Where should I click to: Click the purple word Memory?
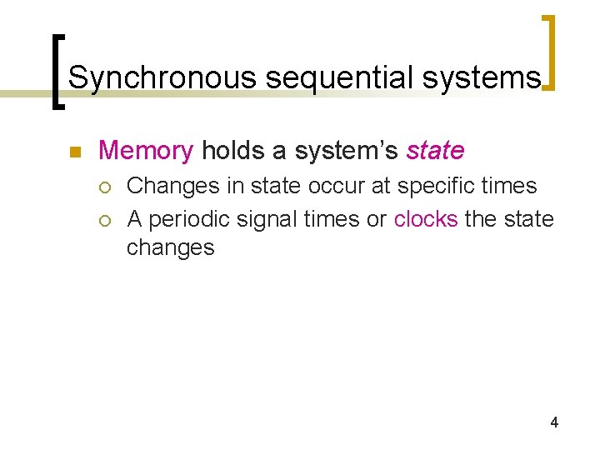coord(146,151)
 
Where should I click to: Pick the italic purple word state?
coord(435,151)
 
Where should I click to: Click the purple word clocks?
coord(426,219)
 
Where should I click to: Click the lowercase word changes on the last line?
coord(170,247)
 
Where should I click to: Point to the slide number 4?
coord(554,423)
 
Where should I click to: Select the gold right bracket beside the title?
coord(551,52)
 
